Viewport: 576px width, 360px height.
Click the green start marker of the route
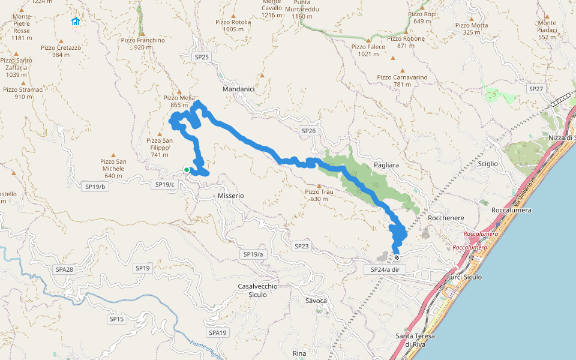tap(187, 170)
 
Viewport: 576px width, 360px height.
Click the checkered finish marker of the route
tap(397, 257)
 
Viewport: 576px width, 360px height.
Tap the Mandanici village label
tap(238, 89)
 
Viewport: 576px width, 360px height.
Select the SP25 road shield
tap(202, 57)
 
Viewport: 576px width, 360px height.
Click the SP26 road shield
tap(308, 130)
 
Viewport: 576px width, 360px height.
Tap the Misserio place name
tap(231, 196)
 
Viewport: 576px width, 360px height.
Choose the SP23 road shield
tap(302, 246)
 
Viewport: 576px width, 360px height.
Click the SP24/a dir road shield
tap(385, 270)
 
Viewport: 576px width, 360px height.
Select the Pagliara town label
tap(386, 164)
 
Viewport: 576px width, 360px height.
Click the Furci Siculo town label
tap(464, 278)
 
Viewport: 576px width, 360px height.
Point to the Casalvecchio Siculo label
tap(257, 290)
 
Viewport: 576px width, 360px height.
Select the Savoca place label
tap(316, 301)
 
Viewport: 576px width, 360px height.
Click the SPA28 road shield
tap(63, 269)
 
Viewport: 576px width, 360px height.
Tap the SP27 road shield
tap(536, 89)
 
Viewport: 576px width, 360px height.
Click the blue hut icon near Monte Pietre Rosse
tap(76, 22)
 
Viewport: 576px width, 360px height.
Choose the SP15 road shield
tap(117, 319)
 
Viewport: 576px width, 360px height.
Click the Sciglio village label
tap(487, 163)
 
